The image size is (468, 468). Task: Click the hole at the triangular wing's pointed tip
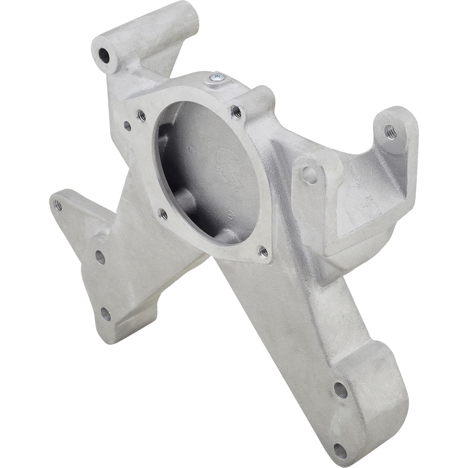click(x=56, y=205)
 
